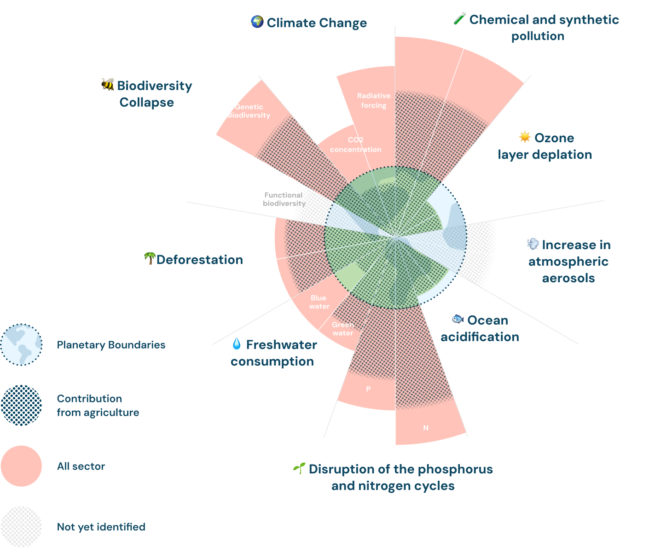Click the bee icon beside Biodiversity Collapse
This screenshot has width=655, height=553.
coord(108,84)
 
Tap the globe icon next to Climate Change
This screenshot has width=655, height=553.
coord(257,22)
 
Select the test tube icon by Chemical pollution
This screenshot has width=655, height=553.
coord(459,18)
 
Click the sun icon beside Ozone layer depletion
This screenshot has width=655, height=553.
coord(524,137)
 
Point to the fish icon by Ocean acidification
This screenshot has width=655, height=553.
coord(457,319)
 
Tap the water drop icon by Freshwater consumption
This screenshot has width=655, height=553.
coord(237,343)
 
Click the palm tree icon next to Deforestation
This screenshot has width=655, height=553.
coord(150,258)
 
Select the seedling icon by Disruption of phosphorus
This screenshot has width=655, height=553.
coord(299,468)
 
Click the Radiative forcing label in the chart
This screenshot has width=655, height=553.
coord(374,100)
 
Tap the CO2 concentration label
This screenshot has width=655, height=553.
coord(355,145)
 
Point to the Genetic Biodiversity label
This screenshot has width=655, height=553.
coord(249,111)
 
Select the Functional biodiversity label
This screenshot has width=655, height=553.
coord(284,199)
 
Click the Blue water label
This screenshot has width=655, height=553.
coord(319,302)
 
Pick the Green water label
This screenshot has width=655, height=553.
coord(343,329)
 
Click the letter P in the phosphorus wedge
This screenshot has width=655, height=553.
coord(368,389)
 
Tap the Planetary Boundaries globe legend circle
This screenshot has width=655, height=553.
coord(21,344)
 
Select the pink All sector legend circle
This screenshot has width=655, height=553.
coord(21,466)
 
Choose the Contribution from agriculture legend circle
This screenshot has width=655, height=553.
coord(21,405)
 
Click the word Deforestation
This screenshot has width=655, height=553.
coord(199,260)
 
